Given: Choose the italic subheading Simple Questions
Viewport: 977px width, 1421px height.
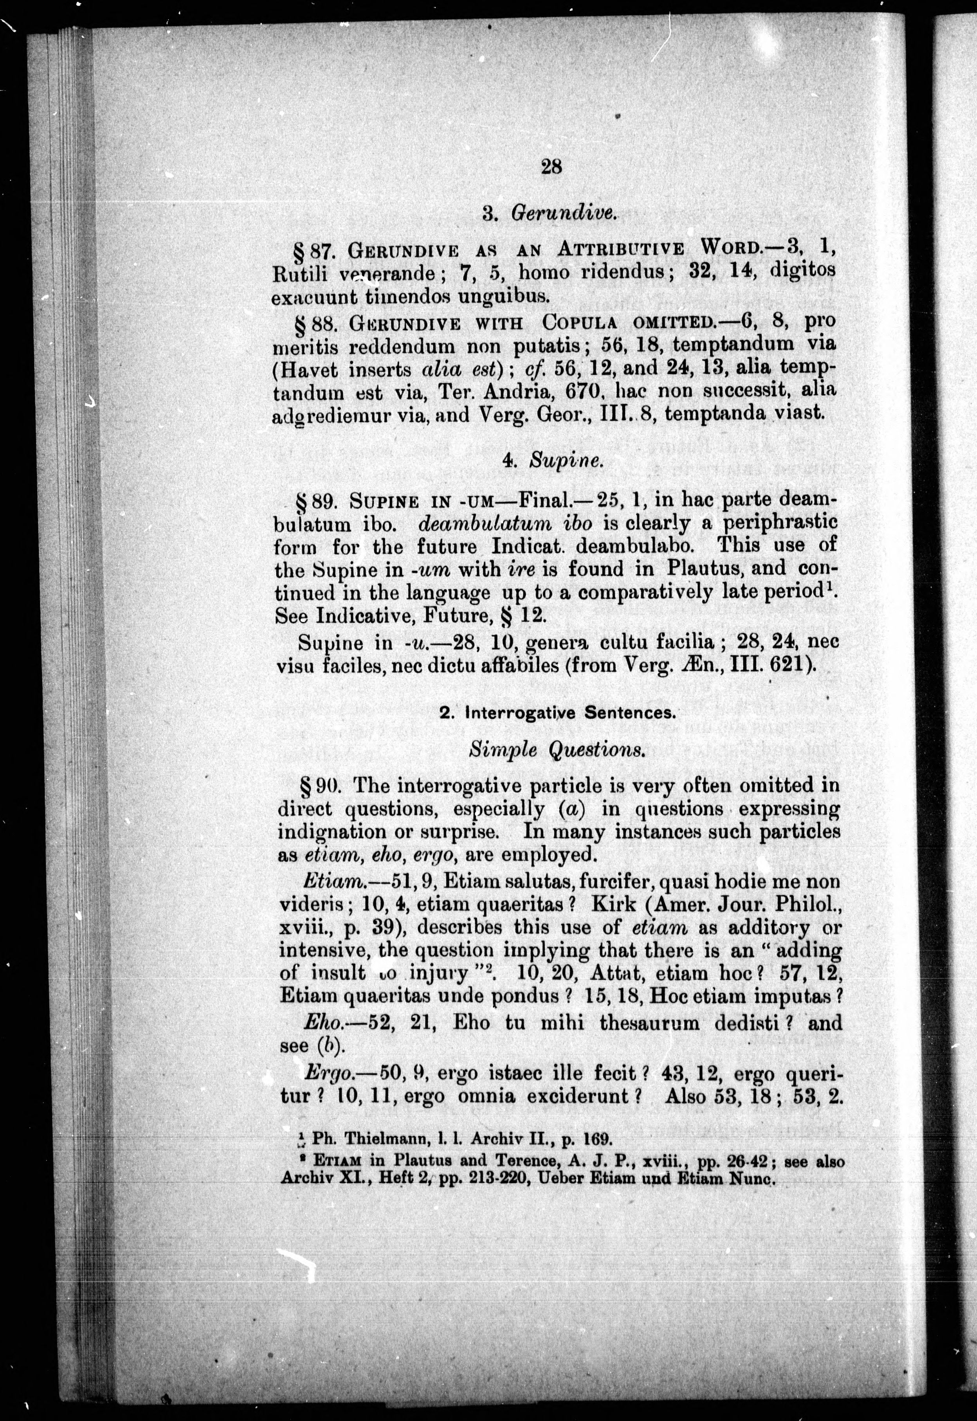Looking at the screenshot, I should (557, 750).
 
